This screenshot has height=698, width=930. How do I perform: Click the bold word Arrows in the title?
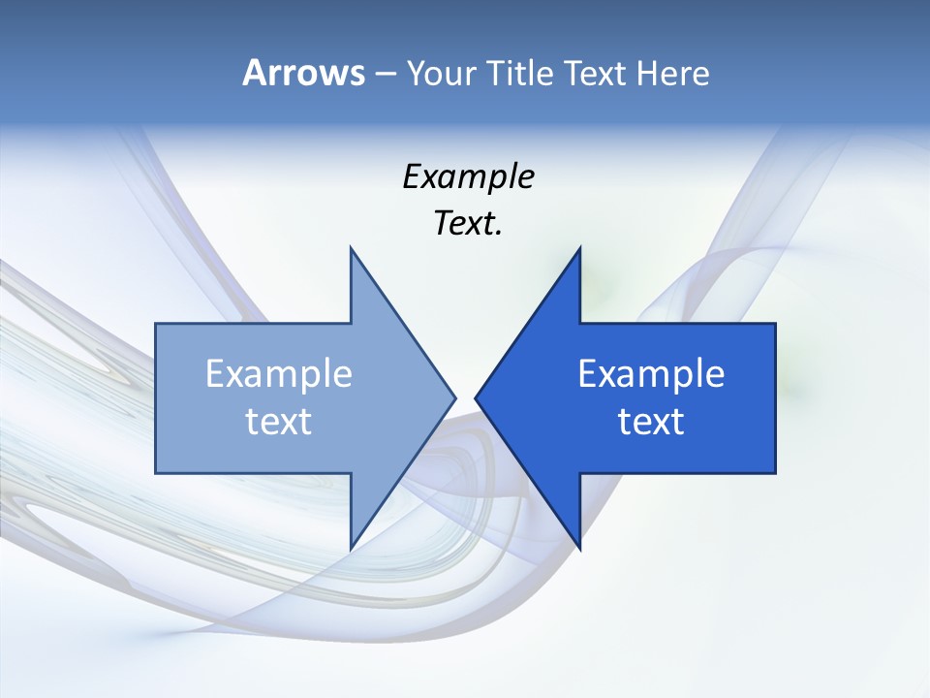303,73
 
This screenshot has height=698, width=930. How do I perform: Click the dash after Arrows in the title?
385,74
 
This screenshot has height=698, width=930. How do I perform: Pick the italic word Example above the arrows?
468,176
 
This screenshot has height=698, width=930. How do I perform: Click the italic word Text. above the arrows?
468,223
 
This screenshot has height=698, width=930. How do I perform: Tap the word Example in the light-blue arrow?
279,374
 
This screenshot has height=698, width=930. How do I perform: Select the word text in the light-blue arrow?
279,422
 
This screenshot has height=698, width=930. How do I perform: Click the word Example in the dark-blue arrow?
651,374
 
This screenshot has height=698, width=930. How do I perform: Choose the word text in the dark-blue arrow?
651,422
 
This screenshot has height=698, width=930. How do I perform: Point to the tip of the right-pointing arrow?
455,397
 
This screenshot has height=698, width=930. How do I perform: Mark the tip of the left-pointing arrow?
475,397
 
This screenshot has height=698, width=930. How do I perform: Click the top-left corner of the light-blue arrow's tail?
156,324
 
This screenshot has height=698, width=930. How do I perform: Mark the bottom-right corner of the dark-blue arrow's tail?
775,472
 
